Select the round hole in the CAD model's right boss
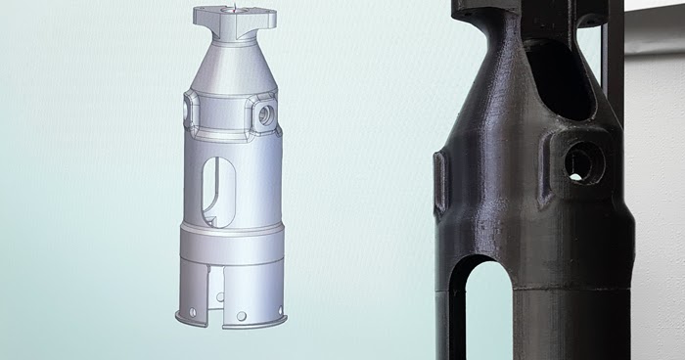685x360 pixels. click(x=265, y=115)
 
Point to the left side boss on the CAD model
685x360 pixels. click(x=189, y=113)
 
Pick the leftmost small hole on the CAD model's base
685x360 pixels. click(x=192, y=312)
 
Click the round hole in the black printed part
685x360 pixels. click(x=580, y=163)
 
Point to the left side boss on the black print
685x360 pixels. click(x=440, y=182)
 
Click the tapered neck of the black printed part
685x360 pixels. click(x=499, y=98)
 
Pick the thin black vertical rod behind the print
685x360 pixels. click(x=615, y=59)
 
